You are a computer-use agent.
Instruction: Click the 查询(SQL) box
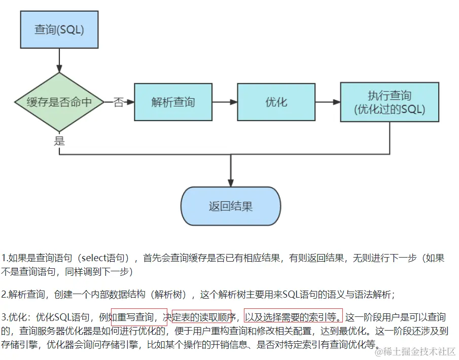click(x=59, y=29)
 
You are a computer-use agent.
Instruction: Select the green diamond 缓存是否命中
click(x=59, y=102)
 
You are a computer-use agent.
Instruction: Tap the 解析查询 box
click(x=173, y=102)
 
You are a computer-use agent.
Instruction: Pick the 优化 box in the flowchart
click(x=276, y=102)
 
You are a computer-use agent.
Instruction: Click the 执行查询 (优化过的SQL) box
click(x=389, y=102)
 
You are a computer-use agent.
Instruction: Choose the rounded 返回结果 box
click(x=231, y=206)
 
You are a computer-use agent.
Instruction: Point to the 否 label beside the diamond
click(x=119, y=102)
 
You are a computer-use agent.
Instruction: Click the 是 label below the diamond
click(x=60, y=141)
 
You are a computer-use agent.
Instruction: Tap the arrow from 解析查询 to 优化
click(x=225, y=102)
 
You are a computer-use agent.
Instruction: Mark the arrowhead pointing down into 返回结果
click(x=231, y=182)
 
